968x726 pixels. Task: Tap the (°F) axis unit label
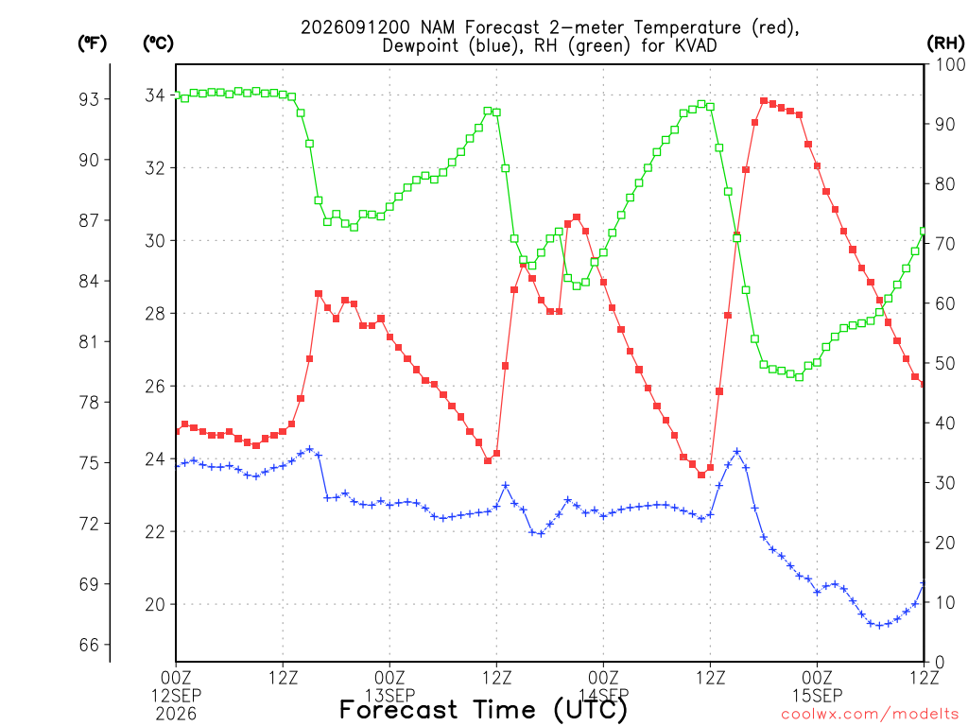pyautogui.click(x=92, y=43)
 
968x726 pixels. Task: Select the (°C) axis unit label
pyautogui.click(x=158, y=43)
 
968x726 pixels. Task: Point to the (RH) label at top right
pyautogui.click(x=945, y=43)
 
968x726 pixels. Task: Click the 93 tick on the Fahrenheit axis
pyautogui.click(x=89, y=98)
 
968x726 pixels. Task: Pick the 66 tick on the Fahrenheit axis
pyautogui.click(x=89, y=645)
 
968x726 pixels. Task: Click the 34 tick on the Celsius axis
pyautogui.click(x=155, y=95)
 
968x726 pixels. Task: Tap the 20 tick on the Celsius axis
pyautogui.click(x=155, y=604)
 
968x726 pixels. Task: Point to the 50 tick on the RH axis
pyautogui.click(x=945, y=363)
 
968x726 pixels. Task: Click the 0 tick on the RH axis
pyautogui.click(x=940, y=663)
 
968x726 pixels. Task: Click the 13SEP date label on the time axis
pyautogui.click(x=389, y=696)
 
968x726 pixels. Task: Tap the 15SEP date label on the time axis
pyautogui.click(x=818, y=696)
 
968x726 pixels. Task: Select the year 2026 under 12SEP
pyautogui.click(x=176, y=715)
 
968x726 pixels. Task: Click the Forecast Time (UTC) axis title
pyautogui.click(x=483, y=710)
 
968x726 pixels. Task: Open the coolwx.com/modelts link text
pyautogui.click(x=870, y=715)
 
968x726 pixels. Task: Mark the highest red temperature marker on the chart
pyautogui.click(x=764, y=100)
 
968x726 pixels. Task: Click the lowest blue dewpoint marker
pyautogui.click(x=880, y=626)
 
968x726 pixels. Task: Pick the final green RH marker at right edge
pyautogui.click(x=924, y=231)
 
